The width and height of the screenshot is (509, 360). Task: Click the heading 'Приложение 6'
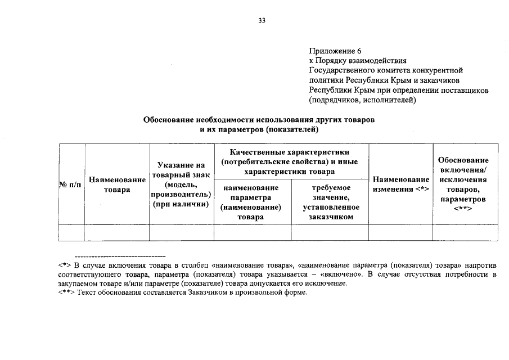point(335,51)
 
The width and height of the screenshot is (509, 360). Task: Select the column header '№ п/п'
point(71,184)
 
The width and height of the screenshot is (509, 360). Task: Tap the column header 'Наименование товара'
point(117,184)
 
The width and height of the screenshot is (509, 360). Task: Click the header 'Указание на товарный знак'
point(182,184)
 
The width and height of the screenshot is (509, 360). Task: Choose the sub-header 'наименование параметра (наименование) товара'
point(253,202)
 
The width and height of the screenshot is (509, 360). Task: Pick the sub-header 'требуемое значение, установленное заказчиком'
point(330,202)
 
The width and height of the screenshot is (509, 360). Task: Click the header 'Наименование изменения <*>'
point(400,184)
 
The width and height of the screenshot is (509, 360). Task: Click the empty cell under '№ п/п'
point(71,232)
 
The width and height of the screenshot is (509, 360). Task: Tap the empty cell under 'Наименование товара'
point(117,232)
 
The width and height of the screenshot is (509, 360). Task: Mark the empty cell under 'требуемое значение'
point(330,232)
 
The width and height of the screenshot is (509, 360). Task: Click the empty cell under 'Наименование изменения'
point(400,232)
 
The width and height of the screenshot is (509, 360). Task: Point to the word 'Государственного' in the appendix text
point(340,70)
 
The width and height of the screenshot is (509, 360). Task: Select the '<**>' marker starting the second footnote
point(66,292)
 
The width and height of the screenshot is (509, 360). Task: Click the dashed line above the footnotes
point(120,256)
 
